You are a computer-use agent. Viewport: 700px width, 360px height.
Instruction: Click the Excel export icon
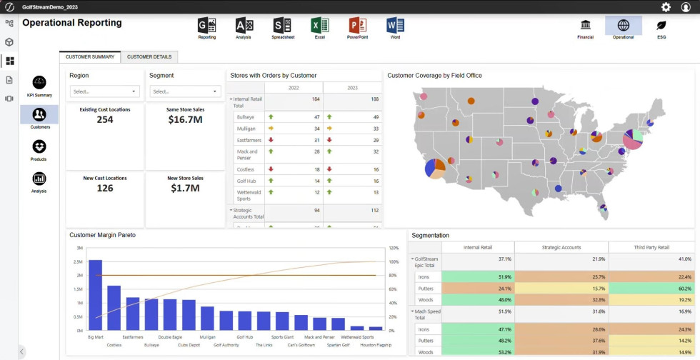[319, 26]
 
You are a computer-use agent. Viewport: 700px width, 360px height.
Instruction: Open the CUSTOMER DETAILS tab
[149, 56]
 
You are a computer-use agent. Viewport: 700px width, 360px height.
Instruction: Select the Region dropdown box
[105, 91]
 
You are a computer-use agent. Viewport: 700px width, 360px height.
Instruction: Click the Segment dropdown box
[185, 91]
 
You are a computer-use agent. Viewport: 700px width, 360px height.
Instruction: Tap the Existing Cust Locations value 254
[104, 120]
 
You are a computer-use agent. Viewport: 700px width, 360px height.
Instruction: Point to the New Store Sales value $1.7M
[185, 189]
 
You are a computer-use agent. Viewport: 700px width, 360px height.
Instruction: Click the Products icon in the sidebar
[39, 146]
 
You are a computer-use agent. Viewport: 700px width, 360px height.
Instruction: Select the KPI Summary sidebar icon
[39, 83]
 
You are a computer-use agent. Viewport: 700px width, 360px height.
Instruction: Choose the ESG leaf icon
[661, 26]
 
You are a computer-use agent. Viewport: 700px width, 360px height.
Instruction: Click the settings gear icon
[666, 7]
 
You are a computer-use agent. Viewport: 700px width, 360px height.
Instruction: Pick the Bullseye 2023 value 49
[375, 116]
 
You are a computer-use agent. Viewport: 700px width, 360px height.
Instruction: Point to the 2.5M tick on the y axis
[79, 261]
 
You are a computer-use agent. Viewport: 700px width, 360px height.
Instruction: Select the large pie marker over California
[434, 168]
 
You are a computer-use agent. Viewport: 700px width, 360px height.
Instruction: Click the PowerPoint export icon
[357, 26]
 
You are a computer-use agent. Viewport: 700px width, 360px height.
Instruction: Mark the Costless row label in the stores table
[246, 169]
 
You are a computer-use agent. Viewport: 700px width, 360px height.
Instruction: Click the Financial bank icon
[586, 26]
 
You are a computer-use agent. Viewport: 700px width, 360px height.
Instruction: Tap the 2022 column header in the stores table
[294, 87]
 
